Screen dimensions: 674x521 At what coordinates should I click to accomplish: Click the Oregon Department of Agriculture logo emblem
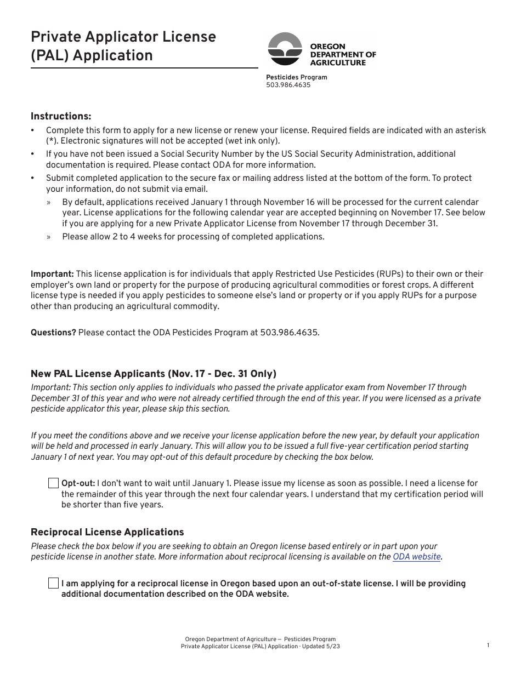click(285, 49)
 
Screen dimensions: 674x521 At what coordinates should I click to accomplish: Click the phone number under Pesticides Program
click(288, 85)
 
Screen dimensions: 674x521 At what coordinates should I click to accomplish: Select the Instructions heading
click(61, 116)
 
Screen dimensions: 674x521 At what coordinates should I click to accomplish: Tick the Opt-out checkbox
click(53, 483)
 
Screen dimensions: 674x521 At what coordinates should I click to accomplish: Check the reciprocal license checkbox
click(53, 583)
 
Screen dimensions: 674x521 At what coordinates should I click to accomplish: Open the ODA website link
click(417, 557)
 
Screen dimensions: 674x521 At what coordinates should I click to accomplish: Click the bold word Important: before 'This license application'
click(52, 274)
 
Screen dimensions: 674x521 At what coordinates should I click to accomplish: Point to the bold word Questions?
click(53, 333)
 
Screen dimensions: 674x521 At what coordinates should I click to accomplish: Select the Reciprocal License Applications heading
click(107, 532)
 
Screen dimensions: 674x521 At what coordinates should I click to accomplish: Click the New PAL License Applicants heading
click(154, 374)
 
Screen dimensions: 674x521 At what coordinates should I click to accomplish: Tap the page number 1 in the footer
click(488, 646)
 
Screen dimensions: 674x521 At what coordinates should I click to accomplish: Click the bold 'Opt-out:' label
click(78, 483)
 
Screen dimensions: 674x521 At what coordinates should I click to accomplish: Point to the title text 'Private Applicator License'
click(123, 37)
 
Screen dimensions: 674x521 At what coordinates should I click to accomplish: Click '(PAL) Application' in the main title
click(92, 56)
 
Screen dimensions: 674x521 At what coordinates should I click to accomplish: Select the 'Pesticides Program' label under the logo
click(296, 77)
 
